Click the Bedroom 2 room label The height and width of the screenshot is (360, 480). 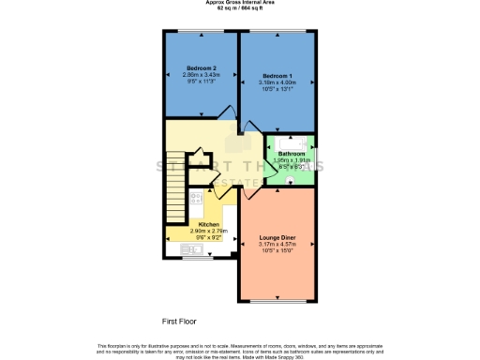(x=202, y=69)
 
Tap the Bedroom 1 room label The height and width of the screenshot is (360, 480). (x=277, y=75)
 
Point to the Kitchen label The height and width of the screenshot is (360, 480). (x=208, y=224)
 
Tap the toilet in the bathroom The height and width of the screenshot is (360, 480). (x=292, y=178)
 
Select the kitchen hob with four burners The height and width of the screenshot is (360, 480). (x=195, y=199)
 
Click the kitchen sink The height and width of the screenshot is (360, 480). (x=174, y=247)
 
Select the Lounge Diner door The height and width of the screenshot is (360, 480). (x=249, y=193)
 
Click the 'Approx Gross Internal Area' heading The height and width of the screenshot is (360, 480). (x=239, y=3)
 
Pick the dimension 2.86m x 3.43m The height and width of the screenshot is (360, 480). (x=202, y=76)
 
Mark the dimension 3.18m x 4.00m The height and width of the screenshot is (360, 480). (x=277, y=82)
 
